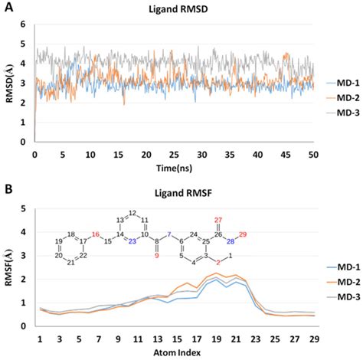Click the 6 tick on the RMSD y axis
pyautogui.click(x=25, y=24)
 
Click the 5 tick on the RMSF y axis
pyautogui.click(x=25, y=208)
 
